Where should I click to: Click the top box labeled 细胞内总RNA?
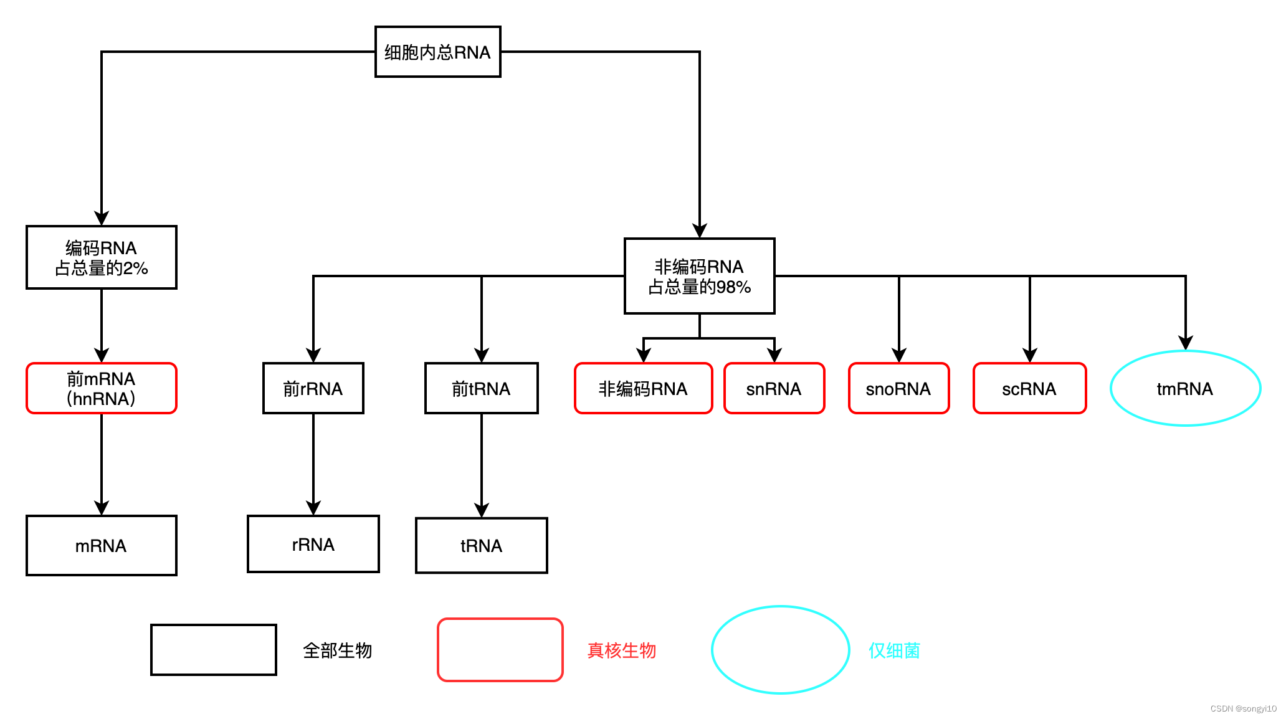point(437,52)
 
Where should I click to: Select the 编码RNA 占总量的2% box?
point(101,257)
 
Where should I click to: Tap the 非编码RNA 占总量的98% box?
point(699,276)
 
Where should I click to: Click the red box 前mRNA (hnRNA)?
point(101,388)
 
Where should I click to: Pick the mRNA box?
point(101,545)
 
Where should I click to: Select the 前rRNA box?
point(313,388)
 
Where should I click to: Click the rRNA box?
point(313,544)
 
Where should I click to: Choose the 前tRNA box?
point(481,388)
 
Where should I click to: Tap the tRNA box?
point(481,545)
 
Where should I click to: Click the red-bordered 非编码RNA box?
point(643,388)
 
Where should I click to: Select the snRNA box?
point(774,388)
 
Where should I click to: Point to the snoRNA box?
point(898,388)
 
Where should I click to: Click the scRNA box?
point(1029,388)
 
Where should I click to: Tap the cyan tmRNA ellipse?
point(1185,388)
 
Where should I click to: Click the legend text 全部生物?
point(337,650)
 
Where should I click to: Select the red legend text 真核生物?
point(621,650)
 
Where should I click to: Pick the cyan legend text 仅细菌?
point(894,650)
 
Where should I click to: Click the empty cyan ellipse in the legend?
point(780,650)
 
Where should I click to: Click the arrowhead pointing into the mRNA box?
point(102,507)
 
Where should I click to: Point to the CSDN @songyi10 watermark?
point(1243,708)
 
